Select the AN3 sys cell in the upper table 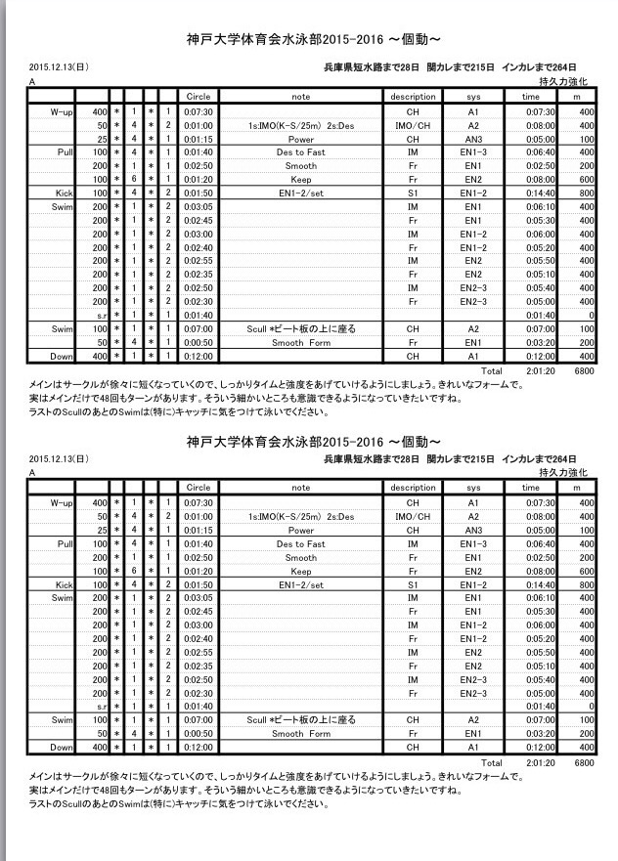tap(472, 139)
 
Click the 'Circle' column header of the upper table tap(199, 98)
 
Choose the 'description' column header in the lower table tap(413, 487)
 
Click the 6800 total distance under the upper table tap(584, 372)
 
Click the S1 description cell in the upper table tap(413, 194)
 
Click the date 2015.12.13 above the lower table tap(59, 457)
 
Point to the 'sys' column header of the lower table tap(473, 487)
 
